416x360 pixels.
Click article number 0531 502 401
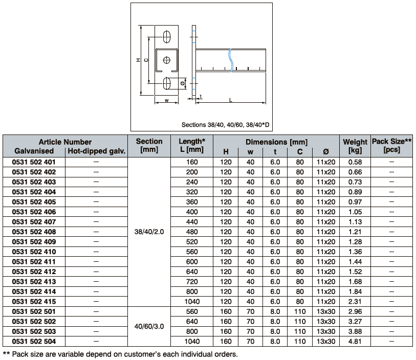pyautogui.click(x=33, y=162)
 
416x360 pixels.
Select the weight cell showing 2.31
pyautogui.click(x=355, y=302)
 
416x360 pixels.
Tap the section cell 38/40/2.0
pyautogui.click(x=149, y=232)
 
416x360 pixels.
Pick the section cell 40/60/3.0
pyautogui.click(x=149, y=326)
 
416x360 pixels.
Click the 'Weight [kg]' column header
pyautogui.click(x=355, y=146)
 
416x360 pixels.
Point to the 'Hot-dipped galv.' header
pyautogui.click(x=96, y=151)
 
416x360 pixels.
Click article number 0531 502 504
pyautogui.click(x=33, y=342)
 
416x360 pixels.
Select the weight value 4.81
pyautogui.click(x=355, y=342)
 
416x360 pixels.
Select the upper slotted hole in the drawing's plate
pyautogui.click(x=167, y=37)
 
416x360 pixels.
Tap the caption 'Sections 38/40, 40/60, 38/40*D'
pyautogui.click(x=225, y=125)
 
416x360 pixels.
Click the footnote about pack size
pyautogui.click(x=120, y=353)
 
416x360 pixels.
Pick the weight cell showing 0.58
pyautogui.click(x=355, y=162)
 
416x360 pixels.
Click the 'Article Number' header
pyautogui.click(x=65, y=142)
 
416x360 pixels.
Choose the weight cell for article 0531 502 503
pyautogui.click(x=355, y=331)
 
